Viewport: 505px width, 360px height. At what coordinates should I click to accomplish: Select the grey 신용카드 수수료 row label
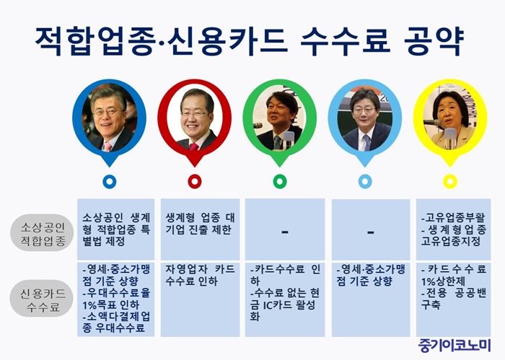(x=42, y=299)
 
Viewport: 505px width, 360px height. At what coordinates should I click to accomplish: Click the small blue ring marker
(x=110, y=182)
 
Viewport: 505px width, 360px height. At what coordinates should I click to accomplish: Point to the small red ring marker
(x=195, y=182)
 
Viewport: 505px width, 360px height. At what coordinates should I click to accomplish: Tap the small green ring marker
(x=280, y=182)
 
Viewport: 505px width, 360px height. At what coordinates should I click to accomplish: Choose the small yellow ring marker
(x=450, y=182)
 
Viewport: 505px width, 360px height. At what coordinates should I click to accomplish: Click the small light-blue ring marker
(x=365, y=182)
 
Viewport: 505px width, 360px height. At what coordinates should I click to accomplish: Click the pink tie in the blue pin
(x=107, y=146)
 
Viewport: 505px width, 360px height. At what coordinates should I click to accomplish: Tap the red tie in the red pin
(x=194, y=147)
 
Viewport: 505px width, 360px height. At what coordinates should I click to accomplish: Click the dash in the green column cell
(x=285, y=232)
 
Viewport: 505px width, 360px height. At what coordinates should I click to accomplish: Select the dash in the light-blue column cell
(x=371, y=232)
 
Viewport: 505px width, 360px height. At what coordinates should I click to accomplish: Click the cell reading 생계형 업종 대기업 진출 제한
(x=201, y=229)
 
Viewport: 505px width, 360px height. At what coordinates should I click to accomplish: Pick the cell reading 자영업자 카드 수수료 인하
(x=201, y=299)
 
